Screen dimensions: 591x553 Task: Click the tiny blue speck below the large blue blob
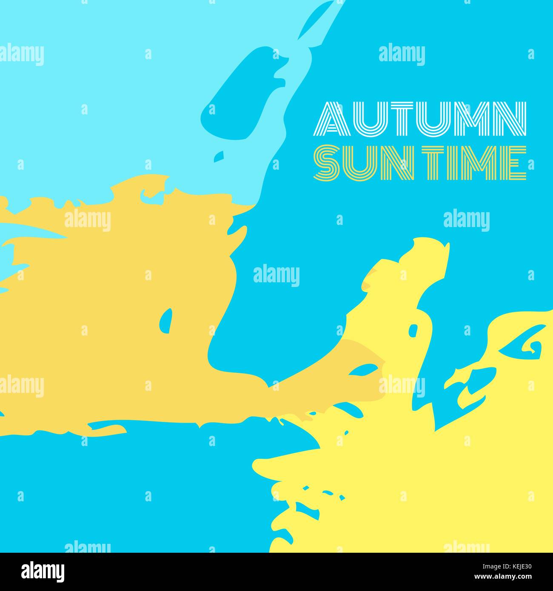click(x=219, y=156)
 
